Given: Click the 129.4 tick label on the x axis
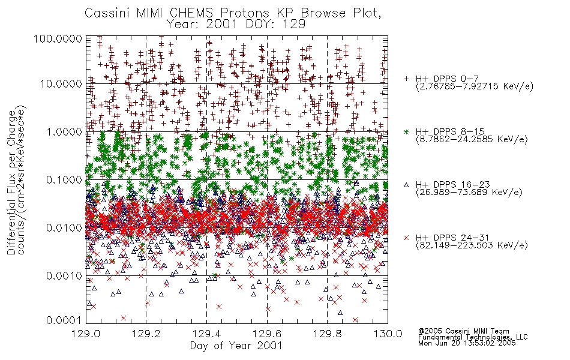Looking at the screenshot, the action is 206,334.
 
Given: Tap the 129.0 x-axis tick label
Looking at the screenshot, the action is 86,334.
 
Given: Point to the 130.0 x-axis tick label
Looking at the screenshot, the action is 388,334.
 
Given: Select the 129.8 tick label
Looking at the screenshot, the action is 327,334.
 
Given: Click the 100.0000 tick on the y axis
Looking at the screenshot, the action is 58,38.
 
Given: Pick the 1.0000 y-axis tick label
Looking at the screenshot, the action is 64,131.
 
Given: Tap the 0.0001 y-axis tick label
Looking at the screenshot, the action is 64,320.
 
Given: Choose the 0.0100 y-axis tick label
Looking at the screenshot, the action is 64,228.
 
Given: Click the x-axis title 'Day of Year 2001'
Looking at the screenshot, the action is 236,346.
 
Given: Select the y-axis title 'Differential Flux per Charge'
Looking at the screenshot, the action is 11,182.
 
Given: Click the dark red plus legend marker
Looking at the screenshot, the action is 406,79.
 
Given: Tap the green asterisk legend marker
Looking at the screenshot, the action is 406,131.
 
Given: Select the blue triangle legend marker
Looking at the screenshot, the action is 406,185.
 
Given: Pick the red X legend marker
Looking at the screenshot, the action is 406,238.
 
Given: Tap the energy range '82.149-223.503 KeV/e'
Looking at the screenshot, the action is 472,245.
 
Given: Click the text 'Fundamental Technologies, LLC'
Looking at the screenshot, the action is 473,337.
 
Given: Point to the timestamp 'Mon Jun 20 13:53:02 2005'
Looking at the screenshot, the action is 467,343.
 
